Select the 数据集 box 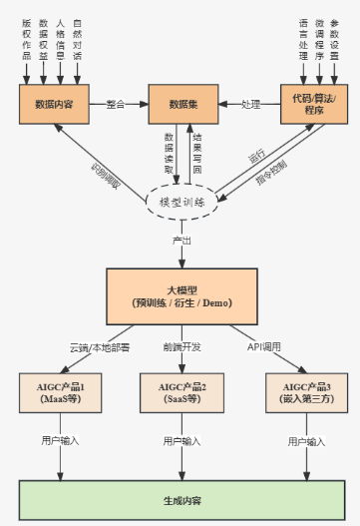[x=181, y=103]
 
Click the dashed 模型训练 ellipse [x=181, y=202]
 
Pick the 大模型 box [x=181, y=295]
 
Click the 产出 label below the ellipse [x=181, y=241]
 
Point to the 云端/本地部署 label [x=99, y=347]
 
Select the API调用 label [x=265, y=347]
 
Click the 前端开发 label [x=181, y=347]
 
